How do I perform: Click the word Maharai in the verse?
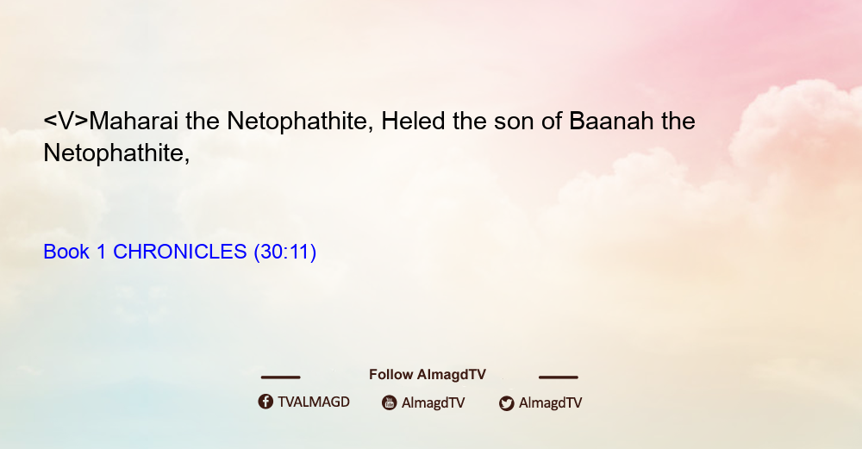tap(134, 121)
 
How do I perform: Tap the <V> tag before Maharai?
tap(66, 121)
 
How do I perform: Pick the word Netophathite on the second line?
tap(116, 153)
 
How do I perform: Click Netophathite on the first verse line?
tap(300, 122)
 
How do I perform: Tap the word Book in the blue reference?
tap(66, 252)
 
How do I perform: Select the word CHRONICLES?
tap(180, 252)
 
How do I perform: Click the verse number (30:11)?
tap(284, 252)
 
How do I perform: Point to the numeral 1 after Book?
tap(101, 252)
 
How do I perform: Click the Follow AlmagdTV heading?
tap(428, 375)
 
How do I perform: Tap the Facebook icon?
tap(265, 402)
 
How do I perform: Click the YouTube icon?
tap(390, 402)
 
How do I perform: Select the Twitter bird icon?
tap(507, 403)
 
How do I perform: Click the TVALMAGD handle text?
tap(314, 402)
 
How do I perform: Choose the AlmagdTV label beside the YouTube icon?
tap(434, 402)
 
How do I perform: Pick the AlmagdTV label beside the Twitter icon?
tap(550, 402)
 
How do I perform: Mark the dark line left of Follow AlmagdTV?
tap(280, 377)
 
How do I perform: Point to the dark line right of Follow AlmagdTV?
tap(559, 377)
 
